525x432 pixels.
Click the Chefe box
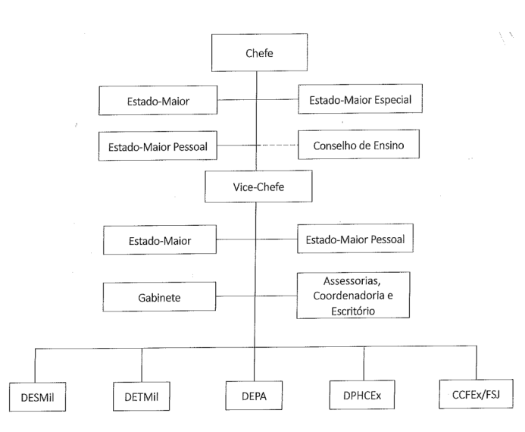260,52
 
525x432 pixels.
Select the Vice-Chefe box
258,186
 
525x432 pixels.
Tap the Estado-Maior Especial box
361,99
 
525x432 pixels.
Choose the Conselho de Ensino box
358,144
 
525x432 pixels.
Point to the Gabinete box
159,297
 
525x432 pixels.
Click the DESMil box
38,397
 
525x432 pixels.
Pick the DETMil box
142,396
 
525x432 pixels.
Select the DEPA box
254,396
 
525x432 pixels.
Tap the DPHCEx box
362,395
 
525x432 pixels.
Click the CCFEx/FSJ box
476,394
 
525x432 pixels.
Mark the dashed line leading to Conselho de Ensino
277,145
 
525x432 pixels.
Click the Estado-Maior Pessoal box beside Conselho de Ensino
158,146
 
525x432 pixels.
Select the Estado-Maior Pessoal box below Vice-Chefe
355,239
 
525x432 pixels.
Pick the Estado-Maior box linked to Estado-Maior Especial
158,101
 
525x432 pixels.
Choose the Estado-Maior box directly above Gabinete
160,239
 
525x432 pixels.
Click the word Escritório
353,311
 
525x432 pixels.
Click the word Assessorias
352,280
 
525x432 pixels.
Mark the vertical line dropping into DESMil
35,366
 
